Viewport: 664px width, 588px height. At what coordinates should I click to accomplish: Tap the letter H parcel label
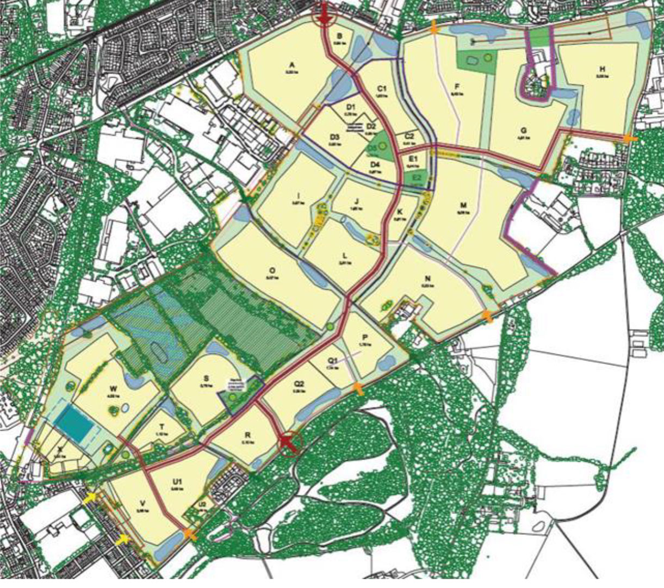click(601, 69)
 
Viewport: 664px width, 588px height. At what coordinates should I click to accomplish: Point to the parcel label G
click(523, 131)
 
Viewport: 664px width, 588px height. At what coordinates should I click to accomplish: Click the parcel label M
click(463, 206)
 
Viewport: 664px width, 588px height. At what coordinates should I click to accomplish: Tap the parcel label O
click(271, 270)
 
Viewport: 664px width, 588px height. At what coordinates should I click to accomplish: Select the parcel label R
click(247, 435)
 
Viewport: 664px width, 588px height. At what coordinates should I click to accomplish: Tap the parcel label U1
click(177, 482)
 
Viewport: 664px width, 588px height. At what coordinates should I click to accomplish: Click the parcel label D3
click(334, 137)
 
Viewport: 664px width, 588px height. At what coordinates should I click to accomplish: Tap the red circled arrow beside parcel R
click(289, 443)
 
